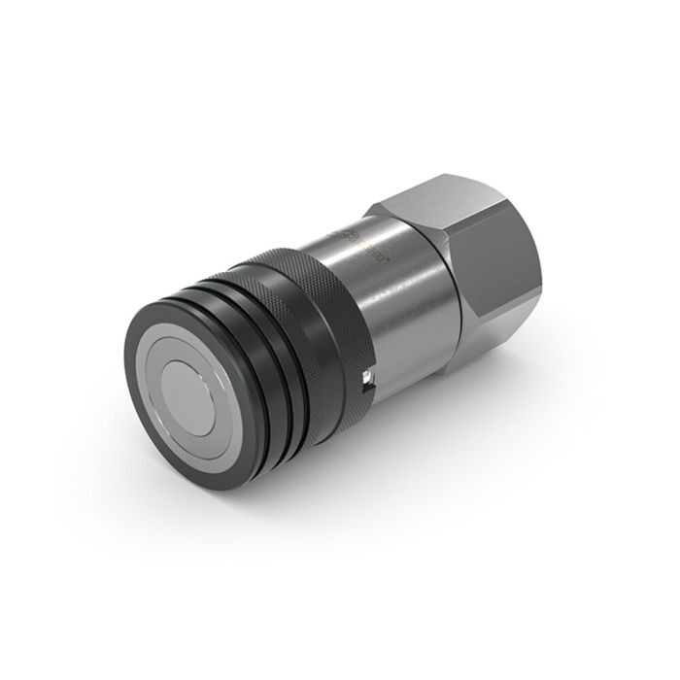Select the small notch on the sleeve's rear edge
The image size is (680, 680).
(x=365, y=382)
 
